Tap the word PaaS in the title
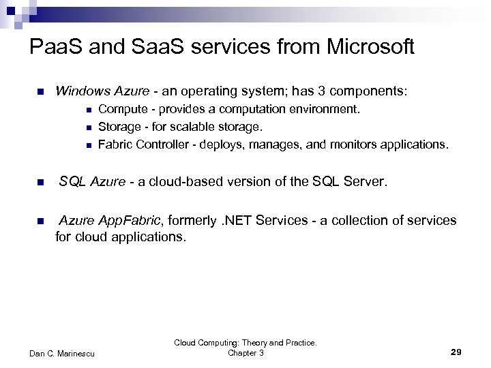click(54, 47)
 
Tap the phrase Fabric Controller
click(140, 144)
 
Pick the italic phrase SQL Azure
click(90, 182)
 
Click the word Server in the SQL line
click(366, 182)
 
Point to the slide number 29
click(456, 352)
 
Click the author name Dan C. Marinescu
click(63, 352)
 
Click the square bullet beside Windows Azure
click(40, 91)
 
